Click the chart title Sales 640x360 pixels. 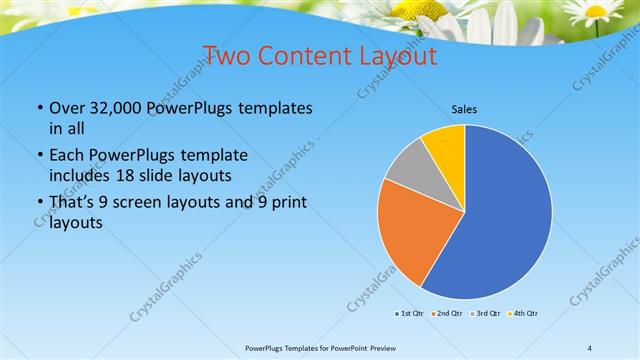[464, 108]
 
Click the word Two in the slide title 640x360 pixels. [225, 55]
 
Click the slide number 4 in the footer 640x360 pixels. [589, 348]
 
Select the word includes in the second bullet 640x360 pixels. [80, 175]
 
